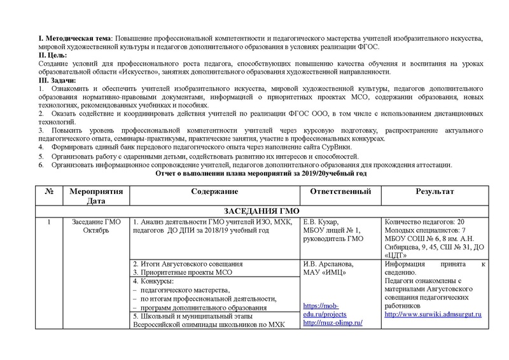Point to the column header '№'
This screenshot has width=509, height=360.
(x=48, y=191)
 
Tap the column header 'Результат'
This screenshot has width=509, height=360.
(x=435, y=191)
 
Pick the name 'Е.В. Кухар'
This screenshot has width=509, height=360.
(x=323, y=222)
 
